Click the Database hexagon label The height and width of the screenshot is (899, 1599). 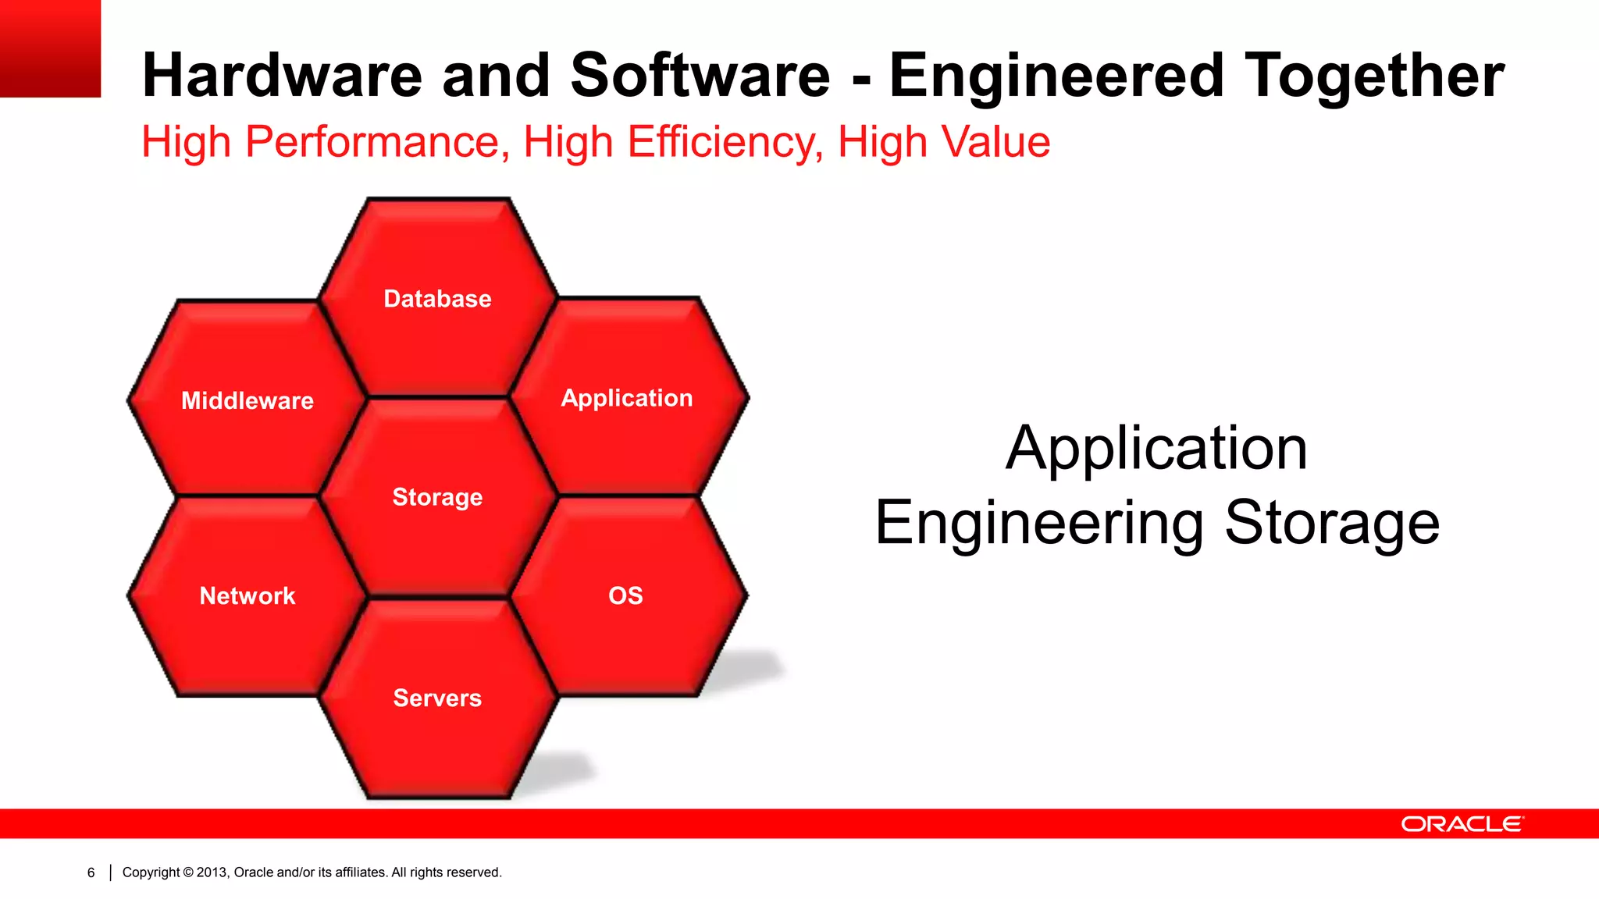(x=437, y=299)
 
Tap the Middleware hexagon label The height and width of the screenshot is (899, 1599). (x=247, y=401)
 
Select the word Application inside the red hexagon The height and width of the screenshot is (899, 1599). (x=626, y=398)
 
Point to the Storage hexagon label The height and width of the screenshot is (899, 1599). (x=437, y=497)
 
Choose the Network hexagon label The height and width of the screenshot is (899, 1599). (x=247, y=596)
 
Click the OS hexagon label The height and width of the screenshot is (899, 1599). (x=625, y=596)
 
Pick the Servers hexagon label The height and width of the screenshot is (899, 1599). (x=437, y=698)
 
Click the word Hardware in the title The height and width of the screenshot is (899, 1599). (x=282, y=76)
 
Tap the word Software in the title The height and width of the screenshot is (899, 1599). (x=700, y=76)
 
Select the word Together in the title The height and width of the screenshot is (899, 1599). (x=1374, y=76)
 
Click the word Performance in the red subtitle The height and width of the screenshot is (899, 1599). (x=372, y=142)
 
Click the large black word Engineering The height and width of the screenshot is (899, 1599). (x=1039, y=523)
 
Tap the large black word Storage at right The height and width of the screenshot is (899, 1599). (x=1331, y=523)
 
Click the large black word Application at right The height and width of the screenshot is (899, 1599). (x=1156, y=448)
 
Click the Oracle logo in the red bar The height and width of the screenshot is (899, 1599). (x=1462, y=824)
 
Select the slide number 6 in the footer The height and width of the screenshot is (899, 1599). (x=91, y=872)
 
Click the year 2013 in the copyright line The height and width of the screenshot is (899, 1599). (x=212, y=872)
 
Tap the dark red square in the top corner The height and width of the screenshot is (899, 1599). (x=50, y=48)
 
